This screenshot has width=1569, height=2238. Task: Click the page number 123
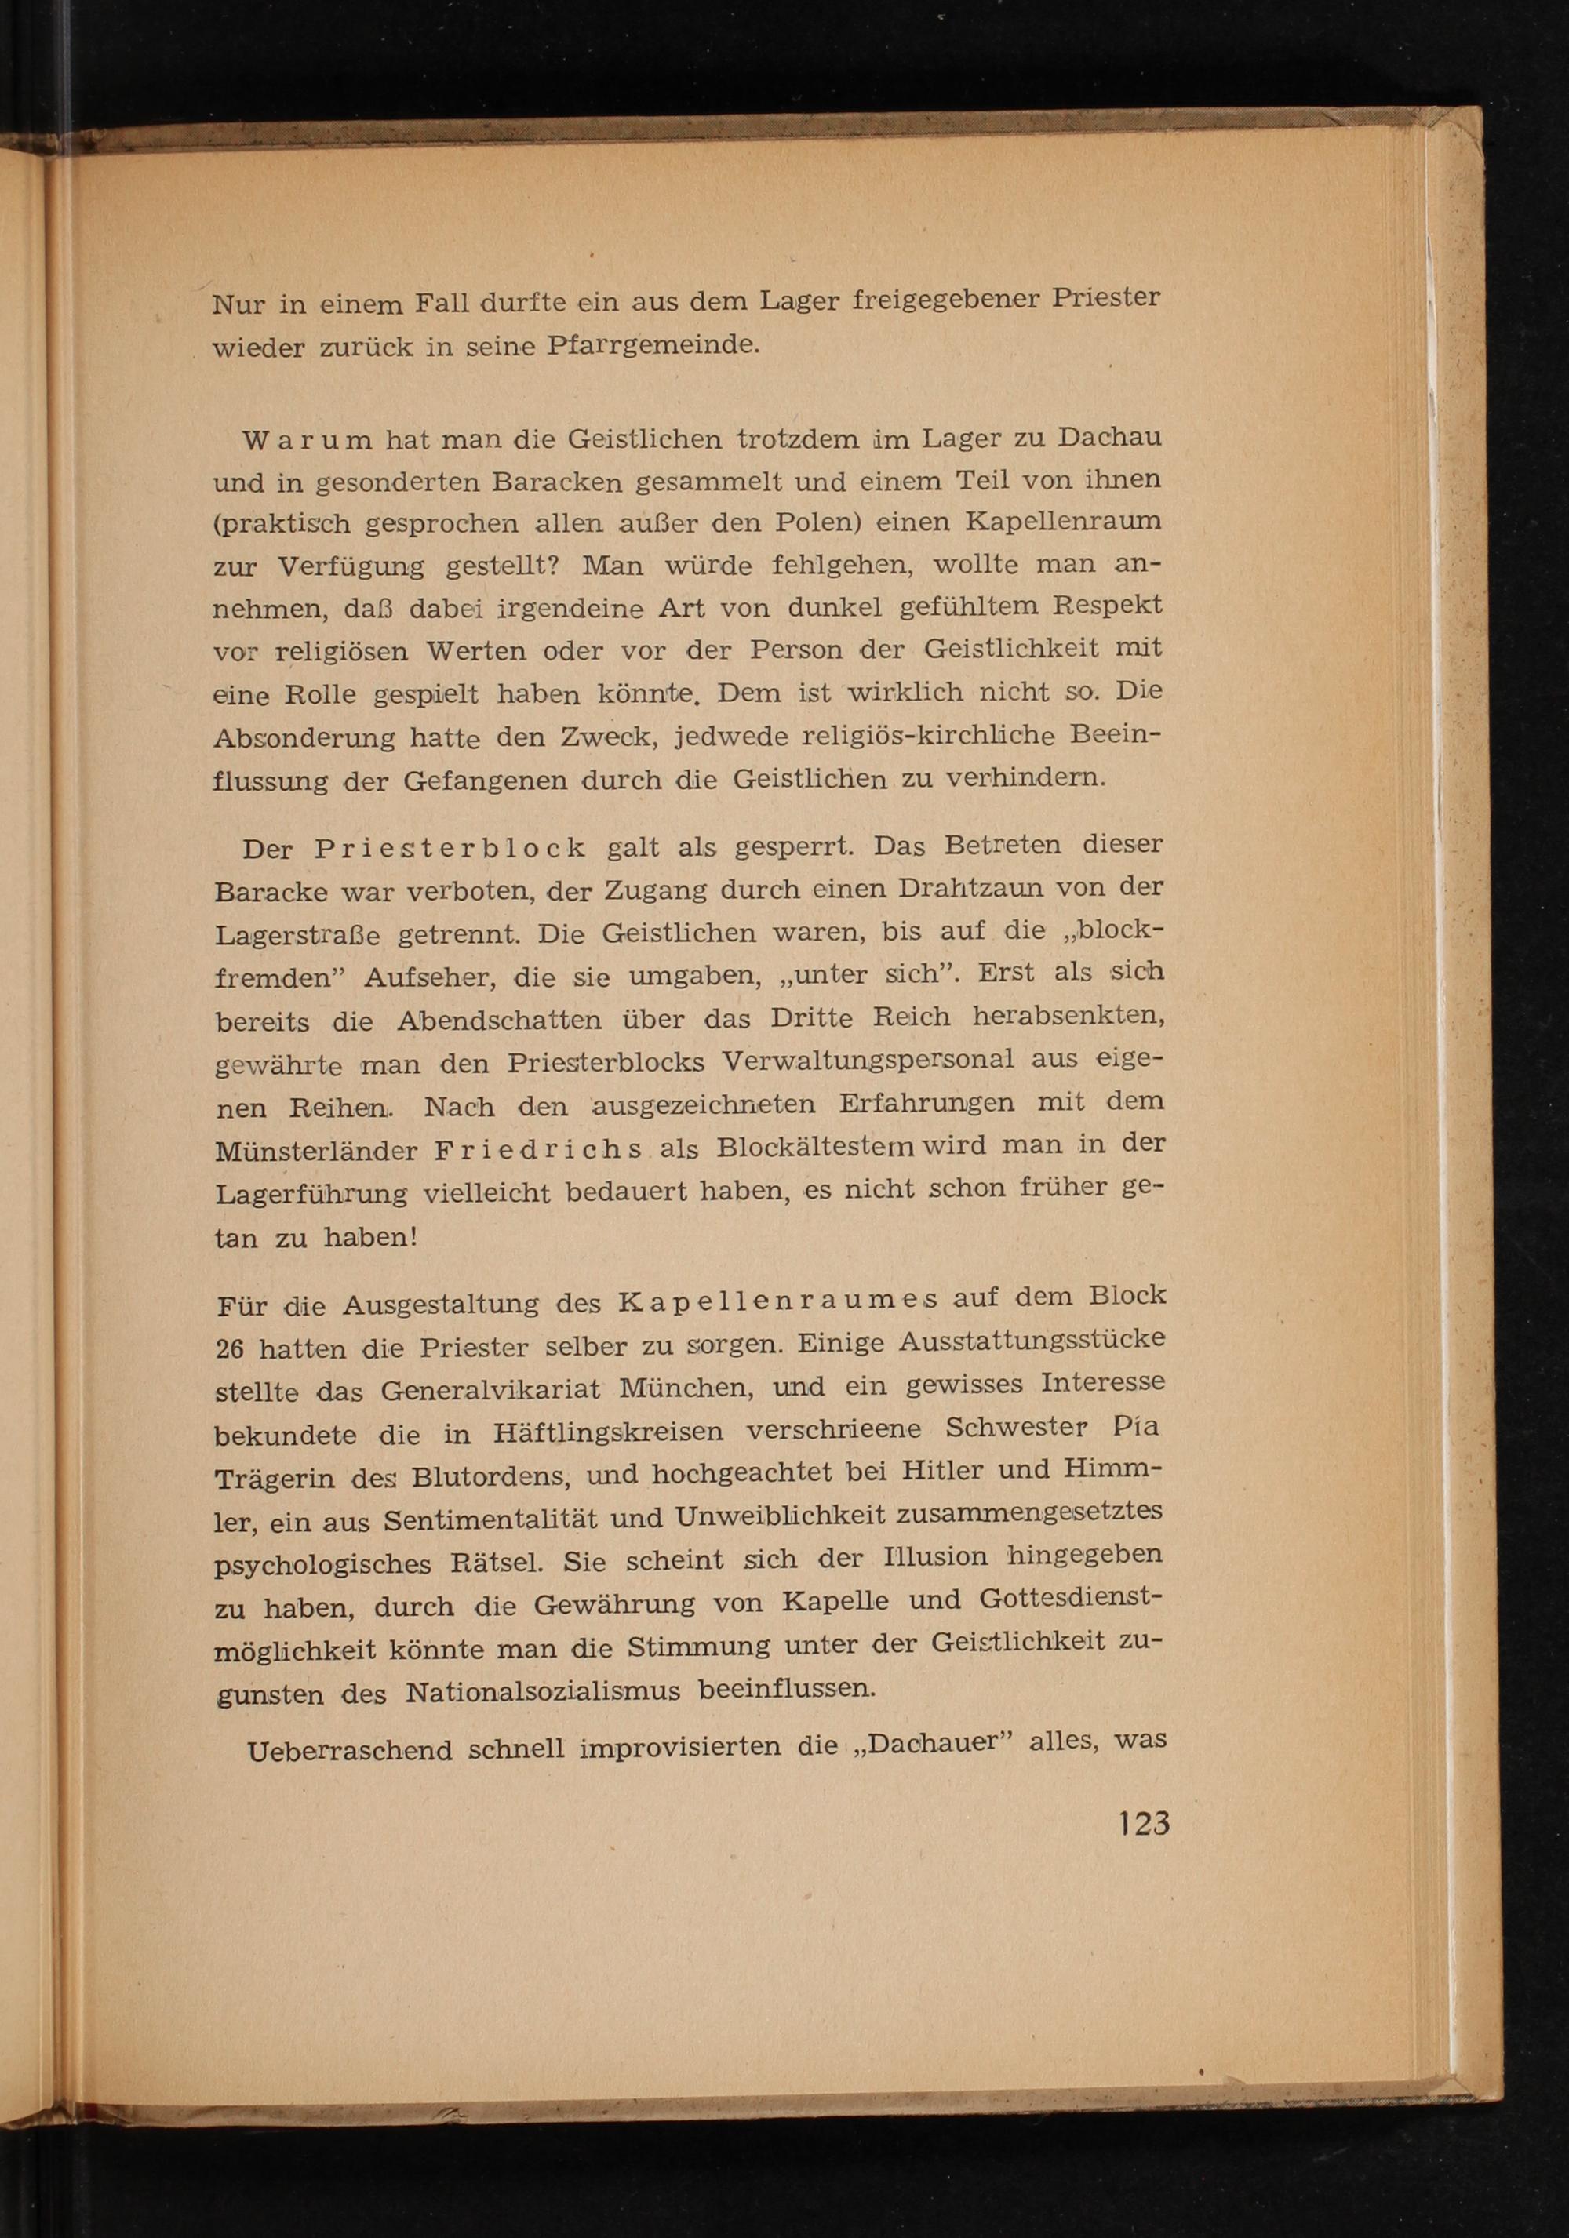tap(1144, 1823)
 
